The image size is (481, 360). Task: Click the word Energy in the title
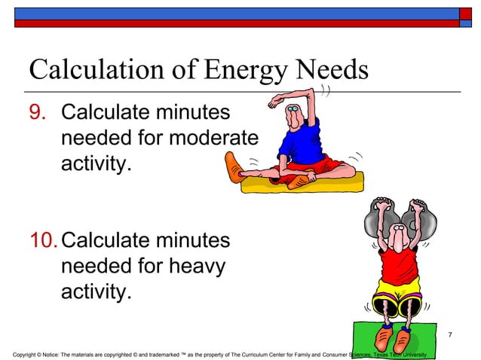click(245, 72)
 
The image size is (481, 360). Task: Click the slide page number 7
click(450, 334)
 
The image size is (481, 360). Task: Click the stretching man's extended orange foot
click(234, 164)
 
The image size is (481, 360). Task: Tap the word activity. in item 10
click(95, 291)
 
